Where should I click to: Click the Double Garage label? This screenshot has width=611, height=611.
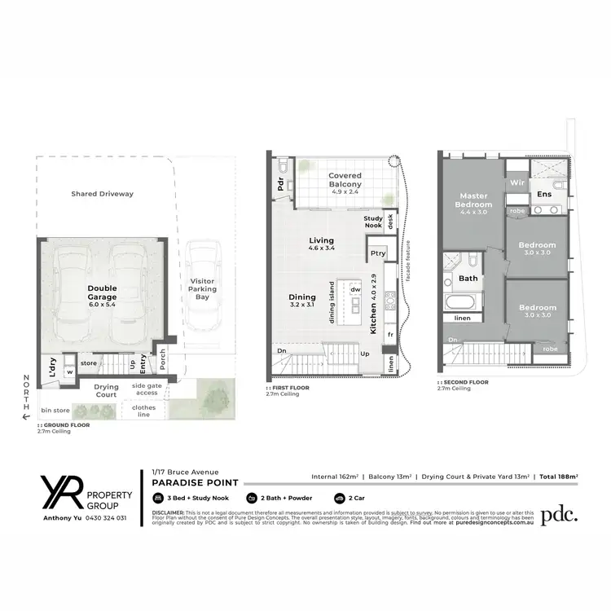pyautogui.click(x=103, y=292)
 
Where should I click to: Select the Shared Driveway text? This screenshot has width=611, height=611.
pyautogui.click(x=102, y=194)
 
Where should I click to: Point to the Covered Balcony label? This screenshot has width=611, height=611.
pyautogui.click(x=345, y=179)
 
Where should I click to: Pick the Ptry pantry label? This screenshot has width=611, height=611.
pyautogui.click(x=377, y=253)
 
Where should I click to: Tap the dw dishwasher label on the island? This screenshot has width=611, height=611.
pyautogui.click(x=355, y=289)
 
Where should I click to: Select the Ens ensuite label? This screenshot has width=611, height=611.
pyautogui.click(x=544, y=194)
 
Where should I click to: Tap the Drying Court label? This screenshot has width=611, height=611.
pyautogui.click(x=106, y=390)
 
